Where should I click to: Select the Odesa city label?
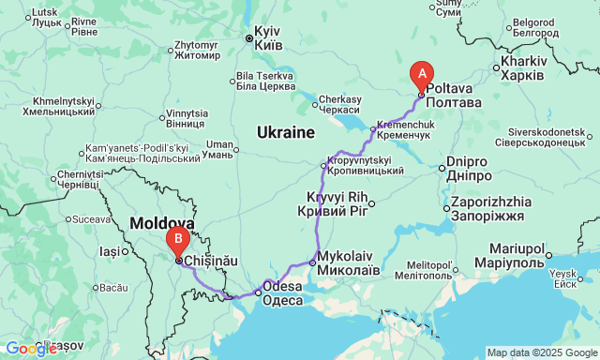(x=282, y=292)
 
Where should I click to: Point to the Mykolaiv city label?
(x=348, y=262)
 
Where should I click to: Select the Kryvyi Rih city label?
(x=336, y=203)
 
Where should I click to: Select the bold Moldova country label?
(x=161, y=224)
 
